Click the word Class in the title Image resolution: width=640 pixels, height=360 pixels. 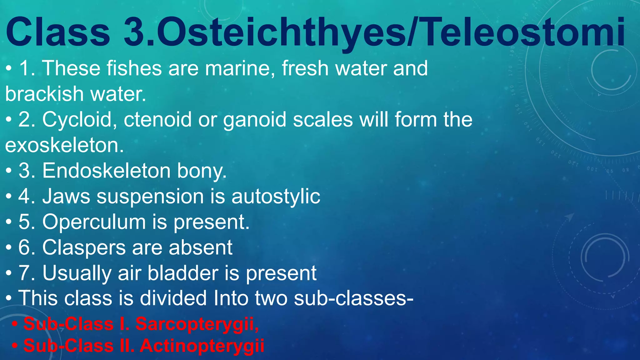coord(58,32)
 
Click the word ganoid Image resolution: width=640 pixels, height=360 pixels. coord(255,120)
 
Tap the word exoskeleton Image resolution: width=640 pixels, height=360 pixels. coord(64,145)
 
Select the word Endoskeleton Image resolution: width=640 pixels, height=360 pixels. coord(107,171)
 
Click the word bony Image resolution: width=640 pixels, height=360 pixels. coord(202,171)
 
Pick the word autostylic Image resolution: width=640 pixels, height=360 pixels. coord(276,197)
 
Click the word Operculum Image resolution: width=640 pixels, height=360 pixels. coord(94,222)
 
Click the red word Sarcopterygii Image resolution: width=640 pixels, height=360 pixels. coord(197,324)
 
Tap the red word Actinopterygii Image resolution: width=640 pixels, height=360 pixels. coord(202,346)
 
